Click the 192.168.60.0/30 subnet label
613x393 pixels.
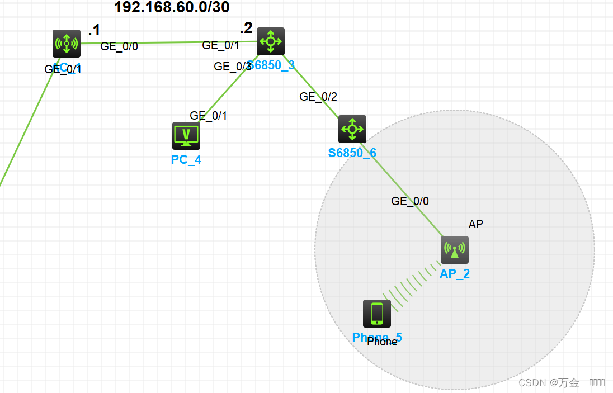172,7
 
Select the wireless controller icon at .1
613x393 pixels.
67,43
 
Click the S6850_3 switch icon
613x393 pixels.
271,41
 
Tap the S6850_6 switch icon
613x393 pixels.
352,129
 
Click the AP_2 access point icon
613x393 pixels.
455,250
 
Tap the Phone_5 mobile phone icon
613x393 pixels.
377,313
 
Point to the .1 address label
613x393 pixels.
94,30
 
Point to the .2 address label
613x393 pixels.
246,28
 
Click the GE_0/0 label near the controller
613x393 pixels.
119,46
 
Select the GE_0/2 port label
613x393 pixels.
318,97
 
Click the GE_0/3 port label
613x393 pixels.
232,67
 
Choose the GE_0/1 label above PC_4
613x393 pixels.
208,116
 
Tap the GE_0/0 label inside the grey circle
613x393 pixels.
410,201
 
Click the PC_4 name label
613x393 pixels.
186,160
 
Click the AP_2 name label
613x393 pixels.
455,274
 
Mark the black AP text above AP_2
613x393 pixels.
475,224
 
